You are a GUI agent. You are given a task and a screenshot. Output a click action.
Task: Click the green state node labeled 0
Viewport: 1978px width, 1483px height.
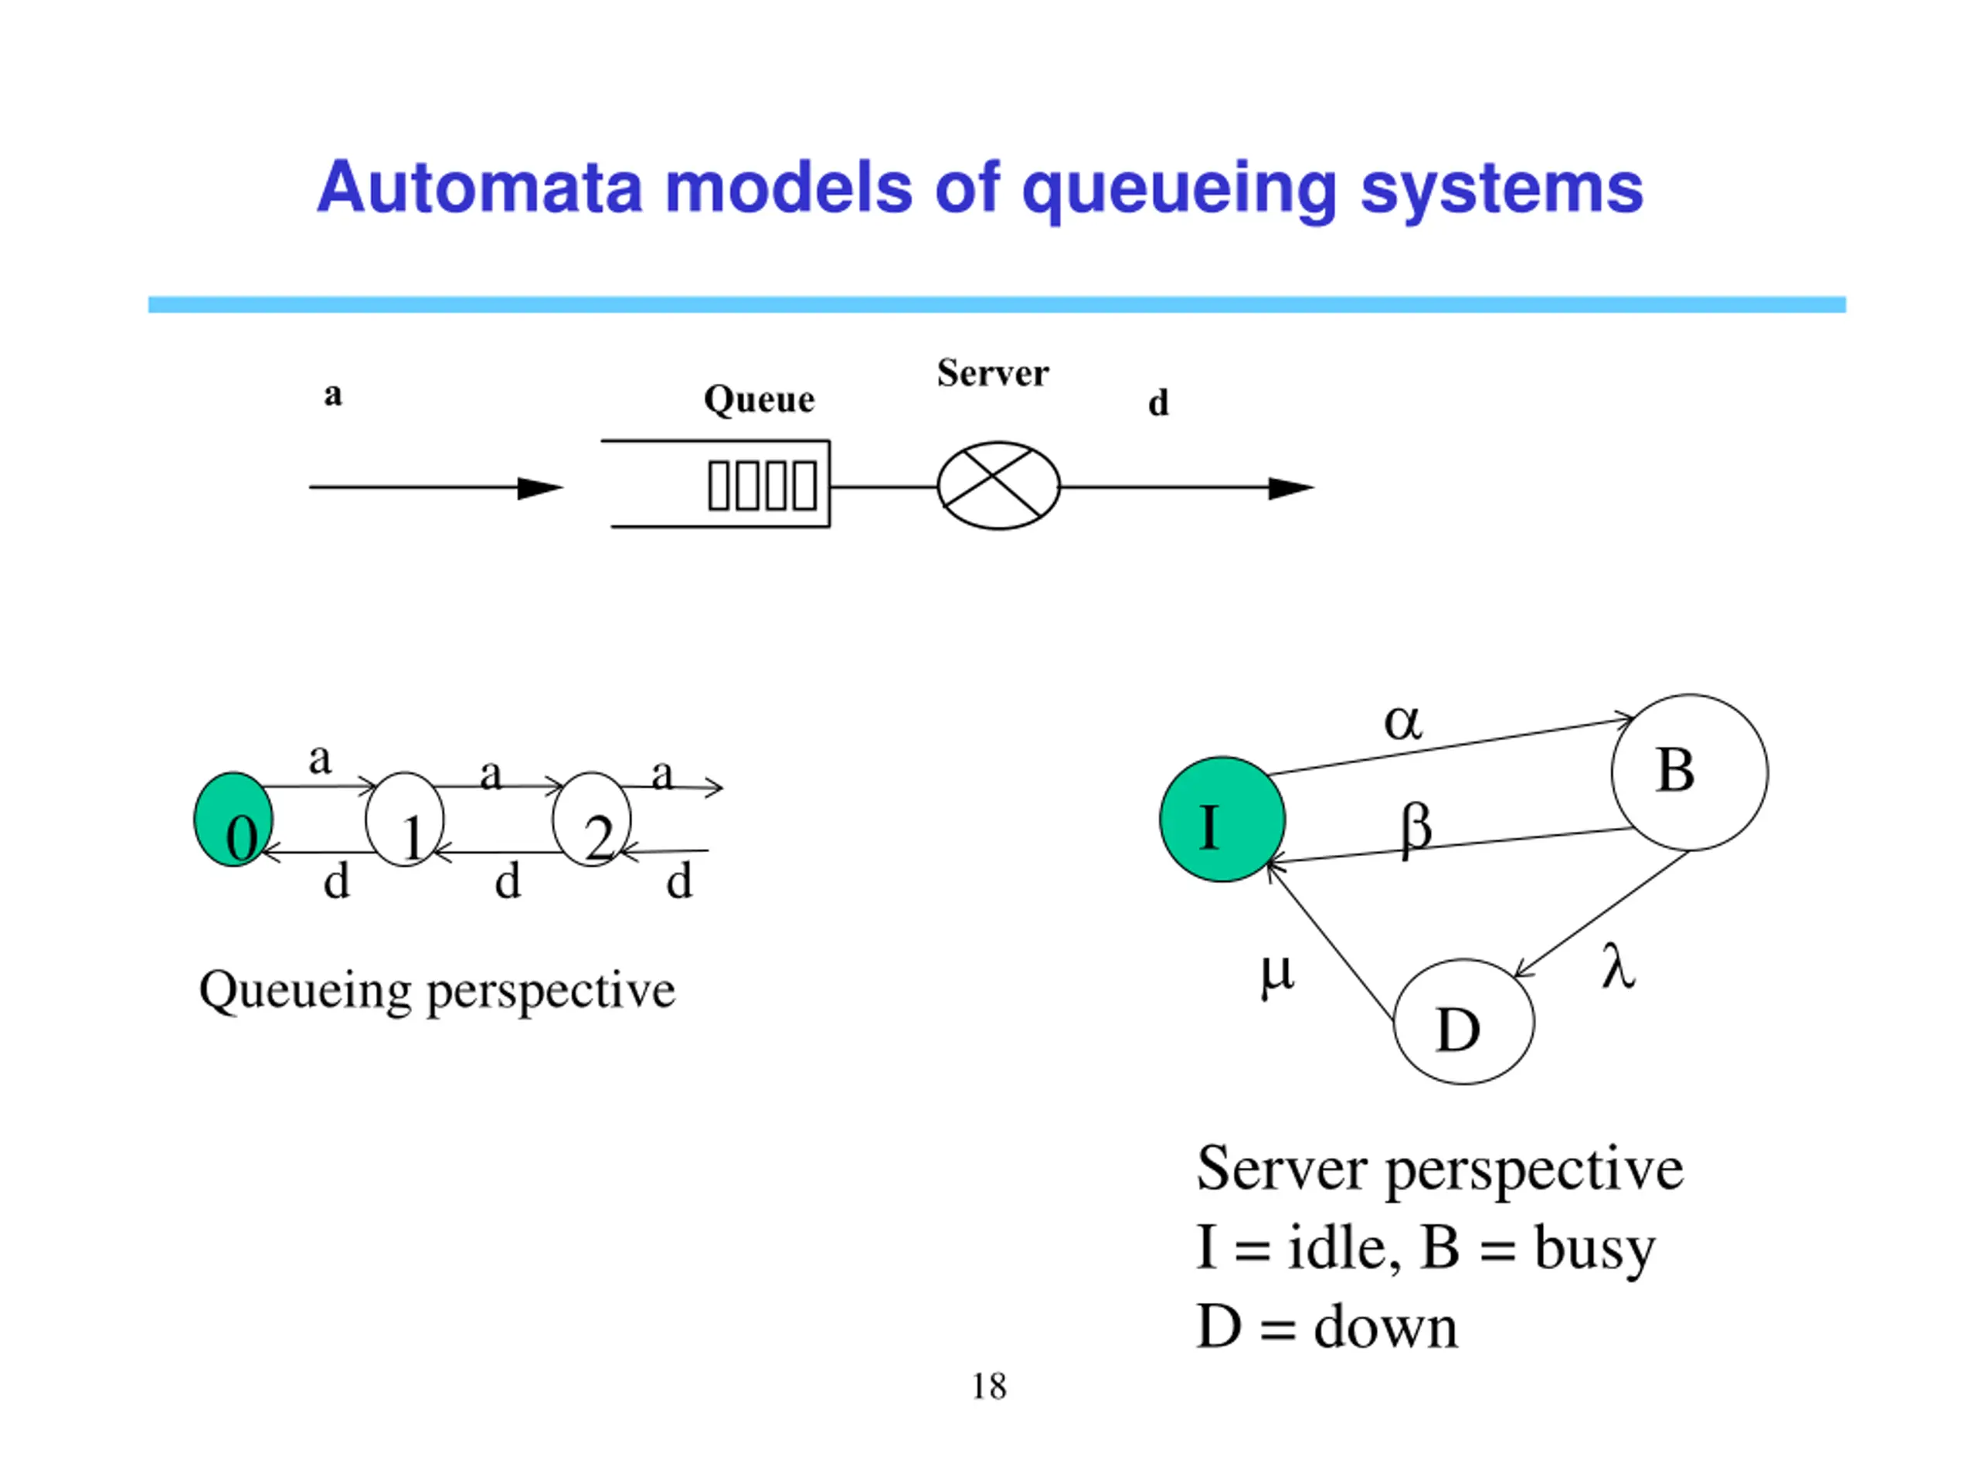point(233,819)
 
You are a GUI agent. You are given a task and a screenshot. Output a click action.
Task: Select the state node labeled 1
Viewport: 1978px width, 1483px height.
point(404,819)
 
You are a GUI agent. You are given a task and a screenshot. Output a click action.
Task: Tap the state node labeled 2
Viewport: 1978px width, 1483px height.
point(591,819)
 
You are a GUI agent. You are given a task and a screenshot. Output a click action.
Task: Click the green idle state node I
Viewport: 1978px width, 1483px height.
point(1222,819)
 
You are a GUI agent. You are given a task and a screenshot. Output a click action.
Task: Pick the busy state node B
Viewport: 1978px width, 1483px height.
point(1689,772)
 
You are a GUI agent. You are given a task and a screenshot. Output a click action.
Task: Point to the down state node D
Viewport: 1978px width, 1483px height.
point(1464,1021)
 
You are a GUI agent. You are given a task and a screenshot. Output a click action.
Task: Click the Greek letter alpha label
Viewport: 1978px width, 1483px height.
point(1402,721)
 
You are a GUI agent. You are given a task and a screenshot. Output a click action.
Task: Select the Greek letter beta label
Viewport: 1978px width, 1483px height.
point(1416,829)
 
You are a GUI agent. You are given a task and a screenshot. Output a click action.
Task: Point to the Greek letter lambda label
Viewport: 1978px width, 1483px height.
point(1618,965)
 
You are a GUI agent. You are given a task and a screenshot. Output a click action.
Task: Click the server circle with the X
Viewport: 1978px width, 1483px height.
point(998,485)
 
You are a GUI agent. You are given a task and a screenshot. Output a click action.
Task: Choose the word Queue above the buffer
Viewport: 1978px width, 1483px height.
point(760,399)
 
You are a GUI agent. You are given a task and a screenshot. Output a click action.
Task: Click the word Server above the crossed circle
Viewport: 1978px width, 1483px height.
point(993,373)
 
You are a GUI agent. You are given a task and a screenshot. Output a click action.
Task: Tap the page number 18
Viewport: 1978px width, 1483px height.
point(989,1386)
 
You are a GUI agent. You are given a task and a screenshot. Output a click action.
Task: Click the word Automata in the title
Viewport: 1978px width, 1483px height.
point(480,188)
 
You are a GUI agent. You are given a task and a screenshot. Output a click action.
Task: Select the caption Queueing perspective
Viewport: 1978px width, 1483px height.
point(437,991)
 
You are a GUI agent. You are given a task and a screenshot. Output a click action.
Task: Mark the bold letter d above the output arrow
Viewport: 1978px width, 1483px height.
point(1158,402)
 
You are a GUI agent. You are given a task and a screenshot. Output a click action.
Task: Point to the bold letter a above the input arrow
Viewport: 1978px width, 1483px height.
point(333,394)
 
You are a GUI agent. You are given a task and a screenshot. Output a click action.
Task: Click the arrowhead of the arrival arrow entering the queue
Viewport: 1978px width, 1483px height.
point(540,488)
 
